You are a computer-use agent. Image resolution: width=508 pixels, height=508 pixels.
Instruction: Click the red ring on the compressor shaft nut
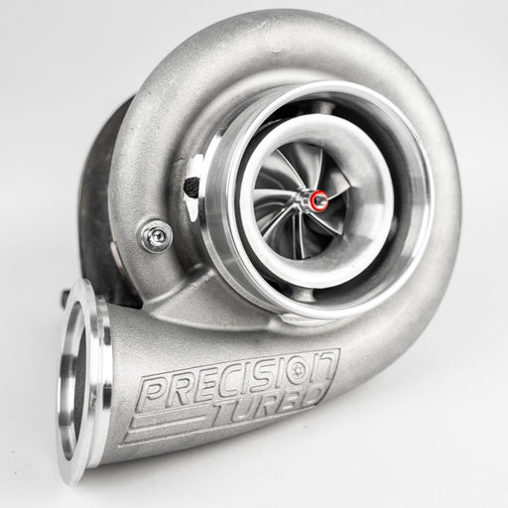point(319,200)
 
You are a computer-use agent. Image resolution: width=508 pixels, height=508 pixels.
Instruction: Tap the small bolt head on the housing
point(155,235)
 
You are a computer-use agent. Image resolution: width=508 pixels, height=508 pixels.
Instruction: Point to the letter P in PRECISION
point(155,393)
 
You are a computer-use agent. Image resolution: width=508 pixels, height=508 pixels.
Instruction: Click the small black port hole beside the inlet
point(191,186)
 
